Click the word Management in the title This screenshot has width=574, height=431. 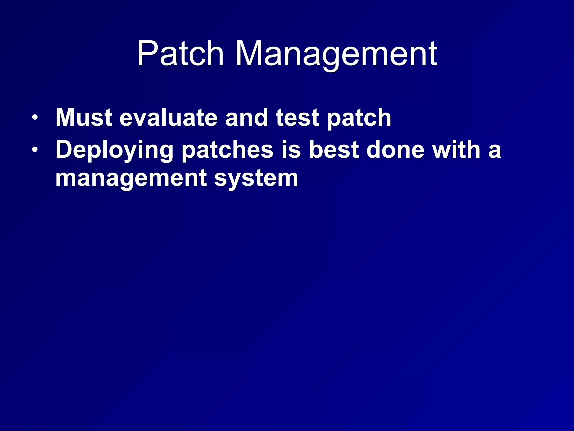point(336,54)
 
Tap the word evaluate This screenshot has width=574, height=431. point(168,118)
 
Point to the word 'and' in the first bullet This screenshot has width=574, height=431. point(246,118)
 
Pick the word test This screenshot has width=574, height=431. point(297,118)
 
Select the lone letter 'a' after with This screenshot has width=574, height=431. point(494,151)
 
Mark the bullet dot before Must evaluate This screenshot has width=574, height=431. point(34,118)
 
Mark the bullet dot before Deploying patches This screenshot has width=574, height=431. point(34,150)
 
